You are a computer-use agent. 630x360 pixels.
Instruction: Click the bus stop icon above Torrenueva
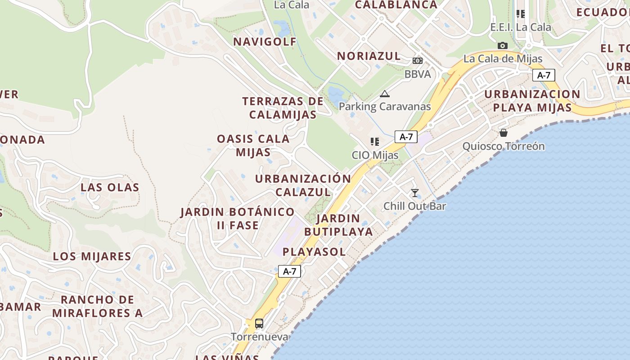coord(259,323)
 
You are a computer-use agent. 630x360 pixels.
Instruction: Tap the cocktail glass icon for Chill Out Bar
coord(415,193)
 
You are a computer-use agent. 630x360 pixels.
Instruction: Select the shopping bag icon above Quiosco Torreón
coord(504,133)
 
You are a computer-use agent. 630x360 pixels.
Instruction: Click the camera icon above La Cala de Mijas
coord(503,45)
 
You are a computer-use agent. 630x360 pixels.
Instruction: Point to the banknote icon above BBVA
coord(418,61)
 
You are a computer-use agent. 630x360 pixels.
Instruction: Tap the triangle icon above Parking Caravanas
coord(384,94)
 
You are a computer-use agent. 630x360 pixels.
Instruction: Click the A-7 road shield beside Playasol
coord(289,271)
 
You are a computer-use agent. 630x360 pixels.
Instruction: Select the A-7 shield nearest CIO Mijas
coord(406,137)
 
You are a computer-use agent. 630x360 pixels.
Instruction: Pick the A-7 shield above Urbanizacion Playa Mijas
coord(544,75)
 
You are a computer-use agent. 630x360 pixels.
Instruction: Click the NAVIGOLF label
coord(265,42)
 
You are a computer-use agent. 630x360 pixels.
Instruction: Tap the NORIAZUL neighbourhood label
coord(369,56)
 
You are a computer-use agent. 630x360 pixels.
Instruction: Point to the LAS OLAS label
coord(110,187)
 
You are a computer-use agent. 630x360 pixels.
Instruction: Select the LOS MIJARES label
coord(92,256)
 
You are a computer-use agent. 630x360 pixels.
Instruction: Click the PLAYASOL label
coord(314,252)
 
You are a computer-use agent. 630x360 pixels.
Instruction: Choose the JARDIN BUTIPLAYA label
coord(338,225)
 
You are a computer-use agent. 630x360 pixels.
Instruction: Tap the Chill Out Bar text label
coord(414,206)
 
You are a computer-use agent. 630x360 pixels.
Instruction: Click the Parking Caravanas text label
coord(385,107)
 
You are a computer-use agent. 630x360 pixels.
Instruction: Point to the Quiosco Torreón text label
coord(504,146)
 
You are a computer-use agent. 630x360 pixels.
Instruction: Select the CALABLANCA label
coord(396,5)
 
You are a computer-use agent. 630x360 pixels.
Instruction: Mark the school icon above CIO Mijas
coord(374,142)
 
